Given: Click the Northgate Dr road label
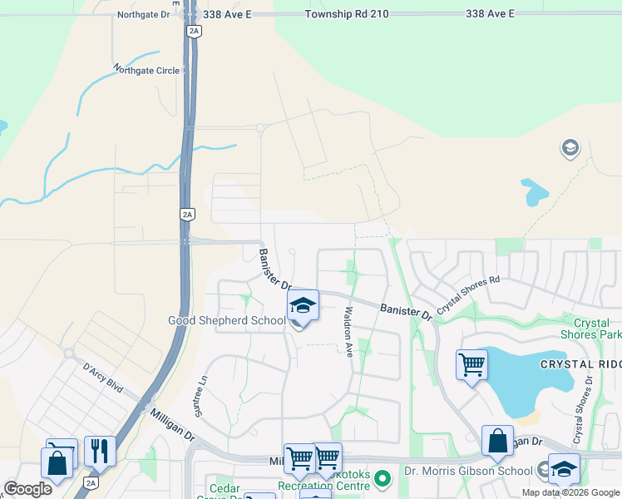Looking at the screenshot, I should click(143, 15).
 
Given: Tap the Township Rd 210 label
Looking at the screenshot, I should click(347, 15).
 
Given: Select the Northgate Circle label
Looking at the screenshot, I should click(146, 71).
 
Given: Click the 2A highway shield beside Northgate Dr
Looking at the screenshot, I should click(194, 32).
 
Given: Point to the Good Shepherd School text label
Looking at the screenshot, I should click(227, 320).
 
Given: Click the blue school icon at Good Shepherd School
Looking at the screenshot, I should click(303, 305).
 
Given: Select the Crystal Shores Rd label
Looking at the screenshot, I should click(469, 294).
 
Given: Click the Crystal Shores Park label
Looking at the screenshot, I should click(597, 329).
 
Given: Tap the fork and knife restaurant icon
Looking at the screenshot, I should click(100, 452).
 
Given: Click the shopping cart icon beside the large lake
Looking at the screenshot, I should click(471, 364).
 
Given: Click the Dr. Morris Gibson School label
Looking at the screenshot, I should click(469, 471).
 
